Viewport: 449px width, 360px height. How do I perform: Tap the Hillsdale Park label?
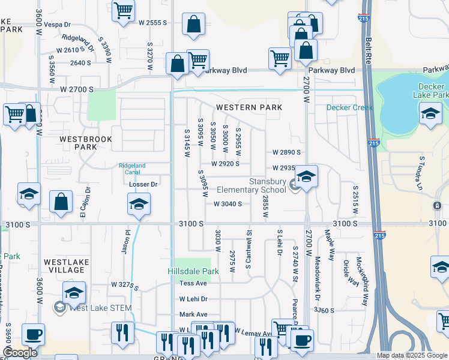pos(193,271)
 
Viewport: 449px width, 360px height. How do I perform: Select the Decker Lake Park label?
pos(431,90)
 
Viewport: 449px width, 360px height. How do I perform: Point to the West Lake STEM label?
pos(101,308)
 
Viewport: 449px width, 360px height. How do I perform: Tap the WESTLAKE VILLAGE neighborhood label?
pos(66,266)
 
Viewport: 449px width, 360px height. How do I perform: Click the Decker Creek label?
pos(349,108)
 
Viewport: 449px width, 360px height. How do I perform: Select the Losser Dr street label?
pos(143,184)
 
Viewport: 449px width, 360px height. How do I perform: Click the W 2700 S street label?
pos(77,89)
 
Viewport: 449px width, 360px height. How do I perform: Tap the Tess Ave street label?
pos(193,283)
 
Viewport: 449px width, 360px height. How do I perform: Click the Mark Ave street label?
pos(193,314)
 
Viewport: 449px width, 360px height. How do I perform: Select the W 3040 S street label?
pos(228,204)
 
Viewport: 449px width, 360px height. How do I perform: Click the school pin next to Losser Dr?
pos(139,205)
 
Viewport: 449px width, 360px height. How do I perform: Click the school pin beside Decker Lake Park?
pos(430,114)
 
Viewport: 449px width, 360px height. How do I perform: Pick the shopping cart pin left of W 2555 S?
pos(123,10)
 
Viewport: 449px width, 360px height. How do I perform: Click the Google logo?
pos(20,353)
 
